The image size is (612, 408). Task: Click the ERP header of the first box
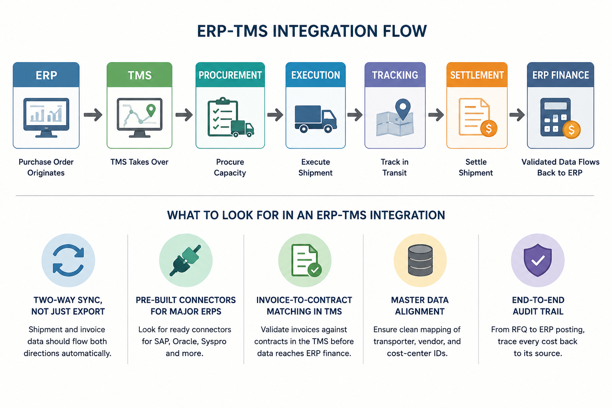coord(46,75)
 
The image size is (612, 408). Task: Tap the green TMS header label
coord(139,75)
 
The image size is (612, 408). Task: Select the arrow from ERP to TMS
coord(93,114)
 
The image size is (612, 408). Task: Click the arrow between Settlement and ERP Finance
coord(517,114)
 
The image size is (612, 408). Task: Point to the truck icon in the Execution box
coord(316,119)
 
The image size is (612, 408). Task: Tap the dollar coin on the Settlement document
coord(488,128)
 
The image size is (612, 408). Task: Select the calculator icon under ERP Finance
coord(555,117)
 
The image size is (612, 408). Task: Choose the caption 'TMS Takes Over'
coord(139,162)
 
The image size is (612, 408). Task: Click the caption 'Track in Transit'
coord(394,167)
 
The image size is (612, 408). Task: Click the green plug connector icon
coord(185,260)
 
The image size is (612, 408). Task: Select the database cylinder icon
coord(420,260)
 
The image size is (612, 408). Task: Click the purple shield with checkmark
coord(537,260)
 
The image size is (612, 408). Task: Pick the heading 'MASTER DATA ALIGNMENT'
coord(420,306)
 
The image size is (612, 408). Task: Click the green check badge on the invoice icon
coord(314,270)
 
